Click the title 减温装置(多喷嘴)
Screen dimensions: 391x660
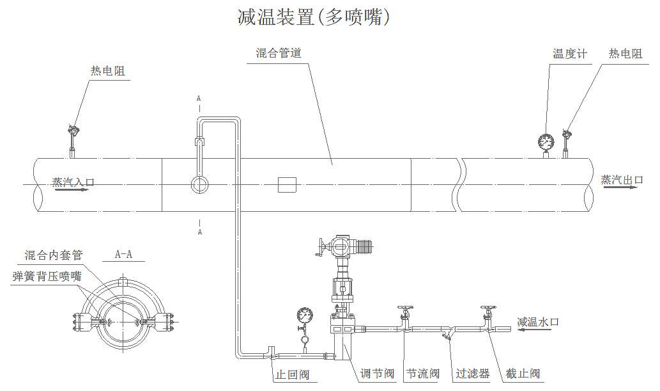[313, 17]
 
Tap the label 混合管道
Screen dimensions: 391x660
[279, 53]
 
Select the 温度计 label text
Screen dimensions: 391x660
[569, 54]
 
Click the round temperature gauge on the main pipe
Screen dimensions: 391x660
[547, 141]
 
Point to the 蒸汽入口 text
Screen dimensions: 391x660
[73, 182]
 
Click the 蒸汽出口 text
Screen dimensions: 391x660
[622, 180]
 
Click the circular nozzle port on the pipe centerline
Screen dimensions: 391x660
[200, 185]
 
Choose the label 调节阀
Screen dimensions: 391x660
[377, 374]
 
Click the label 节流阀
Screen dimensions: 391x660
[423, 374]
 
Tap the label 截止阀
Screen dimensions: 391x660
[523, 374]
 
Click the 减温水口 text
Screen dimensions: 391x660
[538, 322]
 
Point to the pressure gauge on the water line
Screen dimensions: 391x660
[305, 315]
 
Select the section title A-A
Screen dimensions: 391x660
[123, 254]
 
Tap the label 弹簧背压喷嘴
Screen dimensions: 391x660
[47, 276]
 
